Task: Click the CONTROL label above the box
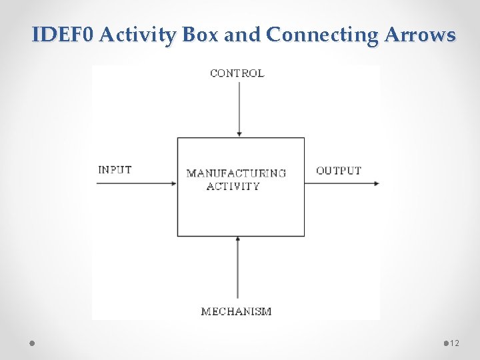(x=237, y=73)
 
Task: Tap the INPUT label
(x=115, y=169)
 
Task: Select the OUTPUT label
(x=339, y=171)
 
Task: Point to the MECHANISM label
(x=236, y=311)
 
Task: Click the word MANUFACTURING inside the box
(x=236, y=173)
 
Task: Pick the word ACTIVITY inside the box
(x=233, y=186)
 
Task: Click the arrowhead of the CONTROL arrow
(x=239, y=135)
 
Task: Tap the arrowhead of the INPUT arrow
(x=174, y=183)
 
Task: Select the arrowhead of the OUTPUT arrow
(x=377, y=183)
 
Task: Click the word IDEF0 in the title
(x=63, y=35)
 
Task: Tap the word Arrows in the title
(x=420, y=35)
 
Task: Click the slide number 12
(x=455, y=343)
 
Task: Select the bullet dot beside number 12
(x=446, y=343)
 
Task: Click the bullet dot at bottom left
(x=33, y=343)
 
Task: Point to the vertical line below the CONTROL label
(x=239, y=107)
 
